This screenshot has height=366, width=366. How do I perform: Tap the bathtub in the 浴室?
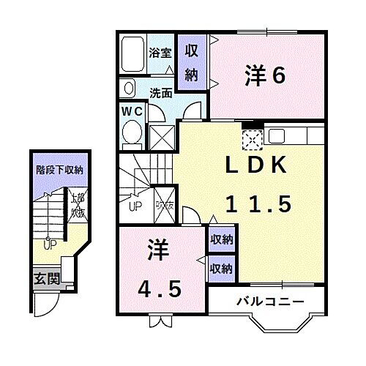point(135,52)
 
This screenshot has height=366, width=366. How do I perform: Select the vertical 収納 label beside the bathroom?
point(192,62)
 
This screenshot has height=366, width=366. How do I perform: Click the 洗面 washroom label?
point(160,93)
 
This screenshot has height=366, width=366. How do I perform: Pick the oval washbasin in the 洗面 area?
point(128,89)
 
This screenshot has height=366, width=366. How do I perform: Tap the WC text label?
point(132,111)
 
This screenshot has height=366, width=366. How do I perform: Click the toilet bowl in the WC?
point(132,132)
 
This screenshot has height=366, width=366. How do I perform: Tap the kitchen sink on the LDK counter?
point(277,135)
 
